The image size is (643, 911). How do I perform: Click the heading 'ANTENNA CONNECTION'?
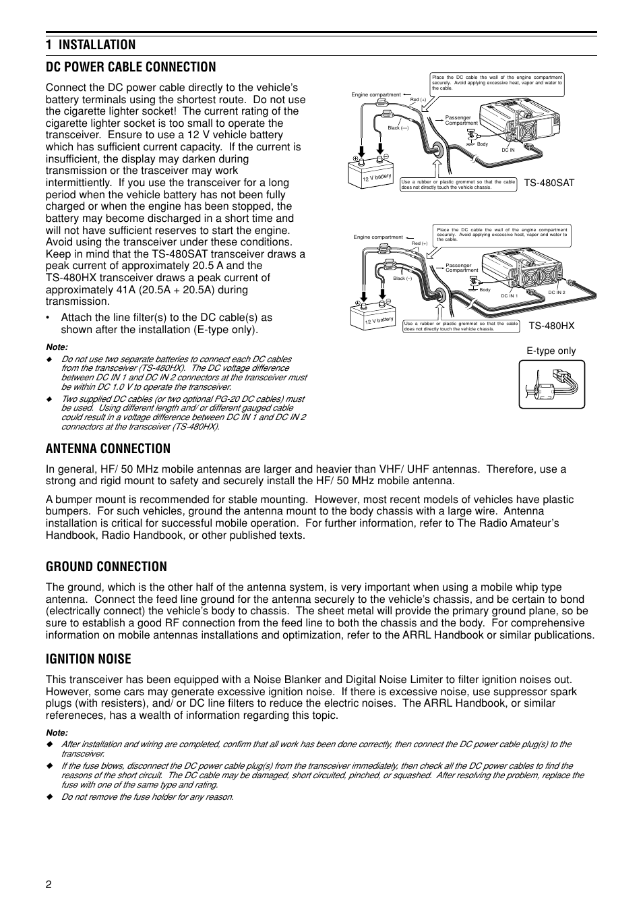tap(108, 448)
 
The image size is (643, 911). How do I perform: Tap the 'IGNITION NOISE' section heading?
tap(88, 659)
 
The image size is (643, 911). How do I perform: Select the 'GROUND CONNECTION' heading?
tap(106, 566)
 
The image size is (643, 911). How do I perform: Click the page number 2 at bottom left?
tap(49, 885)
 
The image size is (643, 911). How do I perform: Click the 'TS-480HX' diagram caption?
tap(551, 326)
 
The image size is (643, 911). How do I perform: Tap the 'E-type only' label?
tap(551, 351)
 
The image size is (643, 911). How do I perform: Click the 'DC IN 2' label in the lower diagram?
tap(557, 292)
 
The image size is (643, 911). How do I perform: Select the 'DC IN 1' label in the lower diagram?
tap(510, 296)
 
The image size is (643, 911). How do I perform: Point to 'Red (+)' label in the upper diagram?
tap(418, 100)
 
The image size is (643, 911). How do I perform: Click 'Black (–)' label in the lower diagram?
tap(402, 278)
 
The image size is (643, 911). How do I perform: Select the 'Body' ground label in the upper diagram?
tap(482, 144)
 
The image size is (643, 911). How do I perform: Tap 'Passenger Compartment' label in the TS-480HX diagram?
tap(462, 268)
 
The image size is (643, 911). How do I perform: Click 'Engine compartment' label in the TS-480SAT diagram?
tap(376, 94)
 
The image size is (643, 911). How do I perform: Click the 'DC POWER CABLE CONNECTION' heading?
tap(131, 67)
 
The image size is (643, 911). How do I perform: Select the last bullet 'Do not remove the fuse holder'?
tap(147, 797)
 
